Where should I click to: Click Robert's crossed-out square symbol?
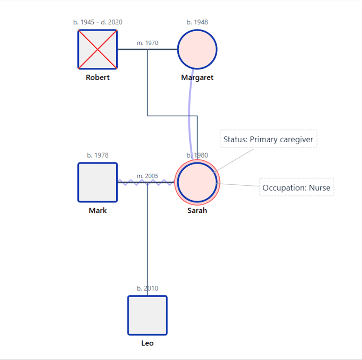pyautogui.click(x=98, y=49)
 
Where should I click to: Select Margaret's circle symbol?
pyautogui.click(x=197, y=49)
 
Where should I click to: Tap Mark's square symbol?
pyautogui.click(x=98, y=182)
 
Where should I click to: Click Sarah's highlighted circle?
pyautogui.click(x=197, y=182)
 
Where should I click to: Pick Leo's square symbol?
pyautogui.click(x=148, y=315)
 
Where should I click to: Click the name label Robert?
pyautogui.click(x=98, y=77)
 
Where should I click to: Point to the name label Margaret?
pyautogui.click(x=197, y=77)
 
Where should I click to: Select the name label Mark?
pyautogui.click(x=98, y=211)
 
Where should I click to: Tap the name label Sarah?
pyautogui.click(x=197, y=211)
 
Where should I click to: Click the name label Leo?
pyautogui.click(x=148, y=343)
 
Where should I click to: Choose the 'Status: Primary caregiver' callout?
pyautogui.click(x=268, y=139)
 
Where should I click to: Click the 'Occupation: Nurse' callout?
pyautogui.click(x=296, y=187)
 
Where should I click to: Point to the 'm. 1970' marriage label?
pyautogui.click(x=148, y=43)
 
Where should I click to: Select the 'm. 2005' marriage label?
pyautogui.click(x=148, y=176)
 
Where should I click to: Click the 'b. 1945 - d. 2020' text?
pyautogui.click(x=98, y=22)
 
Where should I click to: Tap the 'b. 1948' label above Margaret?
pyautogui.click(x=197, y=22)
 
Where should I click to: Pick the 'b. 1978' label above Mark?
pyautogui.click(x=98, y=155)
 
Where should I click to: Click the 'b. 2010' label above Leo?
pyautogui.click(x=148, y=288)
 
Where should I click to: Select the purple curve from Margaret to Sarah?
pyautogui.click(x=190, y=113)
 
